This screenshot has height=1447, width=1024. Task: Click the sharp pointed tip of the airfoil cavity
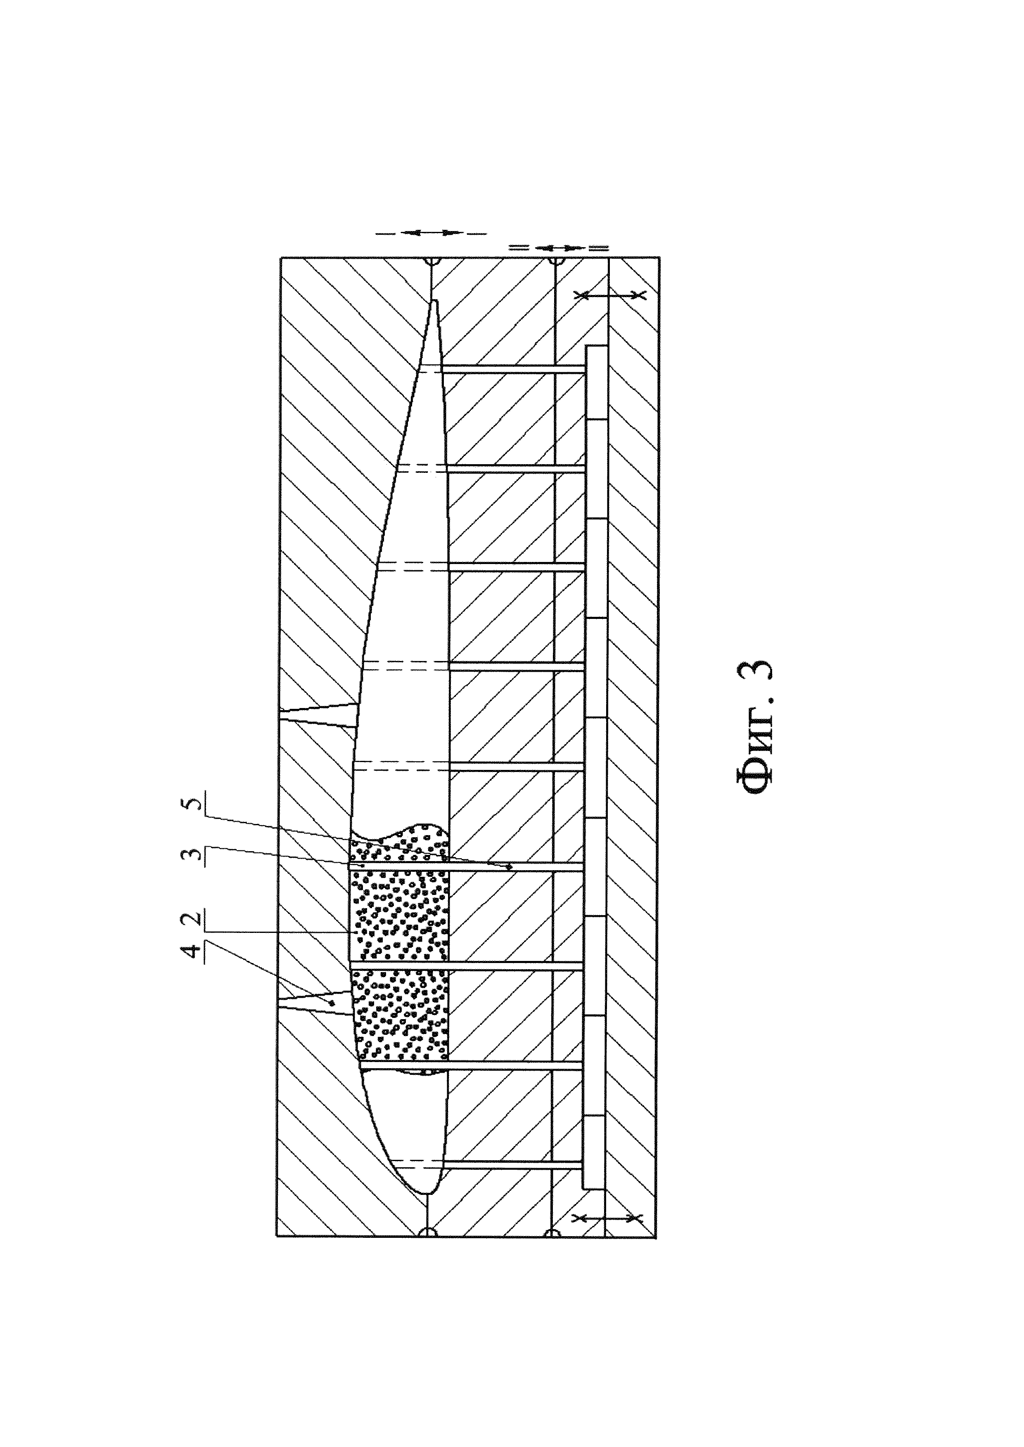click(434, 302)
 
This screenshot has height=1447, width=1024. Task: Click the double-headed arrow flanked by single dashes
click(431, 233)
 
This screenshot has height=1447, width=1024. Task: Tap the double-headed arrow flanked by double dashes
click(557, 248)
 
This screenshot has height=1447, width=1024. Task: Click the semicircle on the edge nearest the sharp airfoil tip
click(431, 260)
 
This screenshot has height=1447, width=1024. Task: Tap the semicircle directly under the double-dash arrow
click(555, 260)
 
